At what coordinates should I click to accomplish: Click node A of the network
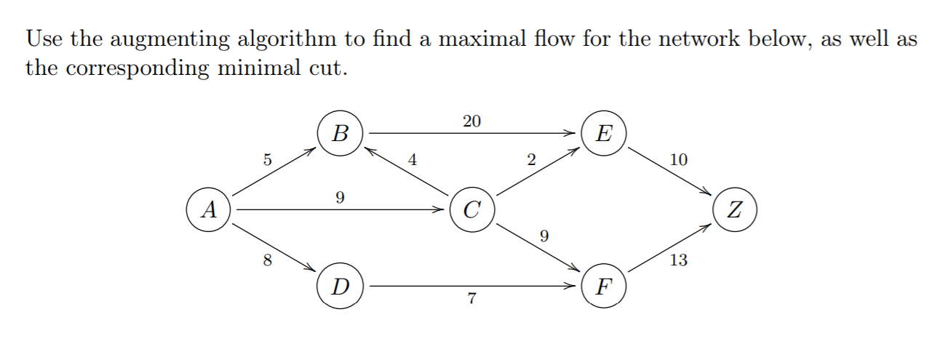pos(209,210)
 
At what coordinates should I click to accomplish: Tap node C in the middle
pos(472,210)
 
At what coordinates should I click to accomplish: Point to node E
pos(603,134)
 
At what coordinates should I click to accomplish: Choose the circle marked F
pos(603,287)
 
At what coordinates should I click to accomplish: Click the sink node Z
pos(736,210)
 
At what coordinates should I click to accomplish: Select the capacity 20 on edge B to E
pos(471,121)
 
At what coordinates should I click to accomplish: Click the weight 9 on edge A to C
pos(340,197)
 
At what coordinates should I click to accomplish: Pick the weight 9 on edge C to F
pos(544,236)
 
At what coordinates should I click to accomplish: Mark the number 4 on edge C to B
pos(413,161)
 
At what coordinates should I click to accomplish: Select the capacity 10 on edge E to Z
pos(677,160)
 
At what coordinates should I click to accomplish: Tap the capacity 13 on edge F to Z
pos(677,260)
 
